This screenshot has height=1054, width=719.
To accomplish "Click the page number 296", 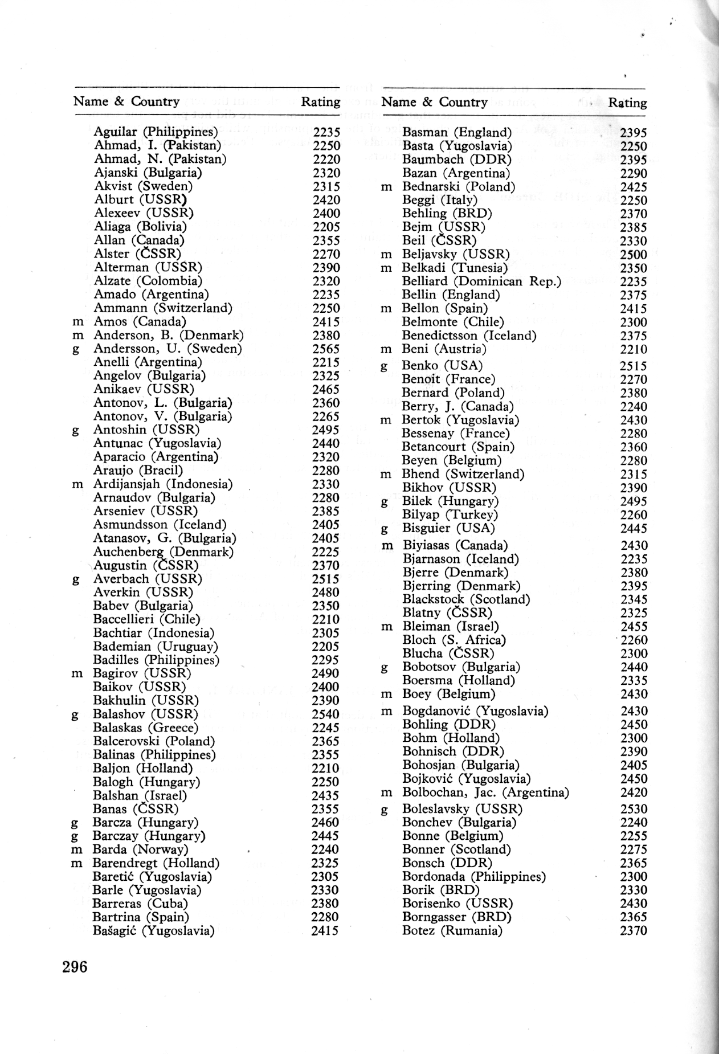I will pos(75,967).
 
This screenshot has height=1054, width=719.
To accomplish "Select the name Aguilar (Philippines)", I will pos(156,132).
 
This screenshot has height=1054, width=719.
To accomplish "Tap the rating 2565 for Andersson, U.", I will pos(326,349).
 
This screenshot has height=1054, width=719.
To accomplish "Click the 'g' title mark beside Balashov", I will pos(75,715).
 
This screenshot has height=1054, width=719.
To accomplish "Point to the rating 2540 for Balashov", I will pos(325,714).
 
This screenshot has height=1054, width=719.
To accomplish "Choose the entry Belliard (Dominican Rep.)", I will pos(481,281).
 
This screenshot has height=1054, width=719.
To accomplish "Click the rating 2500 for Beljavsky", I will pos(634,255).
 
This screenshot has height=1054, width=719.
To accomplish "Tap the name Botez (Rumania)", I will pos(452,931).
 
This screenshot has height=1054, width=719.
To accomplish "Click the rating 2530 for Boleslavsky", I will pos(634,809).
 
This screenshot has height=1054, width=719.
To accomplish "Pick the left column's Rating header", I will pos(320,102).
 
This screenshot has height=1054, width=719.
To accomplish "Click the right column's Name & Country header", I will pos(434,103).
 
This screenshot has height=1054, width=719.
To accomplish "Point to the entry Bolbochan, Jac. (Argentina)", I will pos(485,792).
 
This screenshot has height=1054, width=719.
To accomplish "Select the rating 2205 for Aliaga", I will pos(326,227).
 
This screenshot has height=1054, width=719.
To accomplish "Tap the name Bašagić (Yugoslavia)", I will pos(153,931).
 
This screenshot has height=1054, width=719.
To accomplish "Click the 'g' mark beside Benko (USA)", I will pos(385,367).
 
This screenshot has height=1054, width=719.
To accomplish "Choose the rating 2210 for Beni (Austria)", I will pos(634,350).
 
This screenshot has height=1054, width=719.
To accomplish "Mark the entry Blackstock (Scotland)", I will pos(466,599).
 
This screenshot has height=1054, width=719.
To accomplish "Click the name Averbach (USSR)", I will pos(148,579).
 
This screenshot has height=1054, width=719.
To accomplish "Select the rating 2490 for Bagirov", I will pos(325,674).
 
